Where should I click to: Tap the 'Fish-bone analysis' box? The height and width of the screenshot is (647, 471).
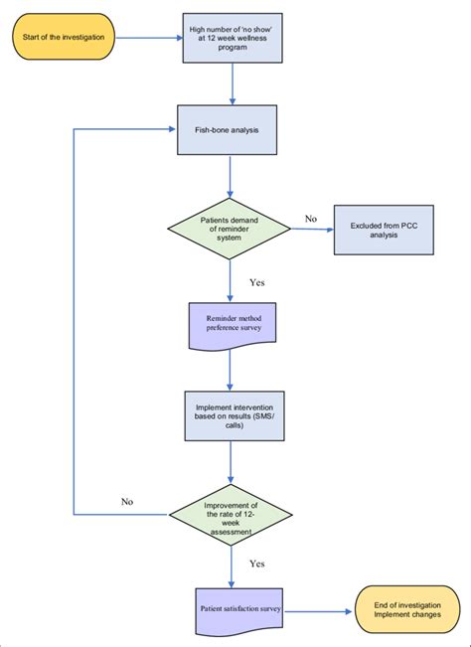(231, 129)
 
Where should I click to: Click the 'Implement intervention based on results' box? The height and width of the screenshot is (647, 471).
(231, 416)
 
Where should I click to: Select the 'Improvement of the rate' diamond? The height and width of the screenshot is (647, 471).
(231, 514)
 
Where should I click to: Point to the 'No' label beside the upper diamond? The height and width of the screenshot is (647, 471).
(311, 219)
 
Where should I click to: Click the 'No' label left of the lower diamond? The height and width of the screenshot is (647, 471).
(126, 501)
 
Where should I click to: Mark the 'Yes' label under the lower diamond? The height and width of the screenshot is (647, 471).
(257, 563)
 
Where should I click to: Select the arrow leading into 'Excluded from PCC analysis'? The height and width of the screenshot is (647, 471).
(312, 232)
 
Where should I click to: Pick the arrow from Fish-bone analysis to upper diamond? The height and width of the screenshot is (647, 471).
(231, 179)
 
